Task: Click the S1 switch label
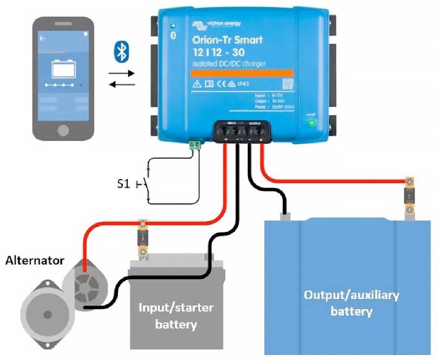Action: (x=123, y=184)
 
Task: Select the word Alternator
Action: (x=35, y=261)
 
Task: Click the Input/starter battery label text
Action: (x=176, y=315)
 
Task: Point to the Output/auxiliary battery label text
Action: (x=351, y=303)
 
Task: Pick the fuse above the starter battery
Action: (x=142, y=238)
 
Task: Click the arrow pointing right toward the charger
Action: (x=122, y=74)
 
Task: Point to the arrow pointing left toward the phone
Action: (x=122, y=84)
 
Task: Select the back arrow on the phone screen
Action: (x=42, y=38)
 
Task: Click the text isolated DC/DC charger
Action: (x=229, y=64)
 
